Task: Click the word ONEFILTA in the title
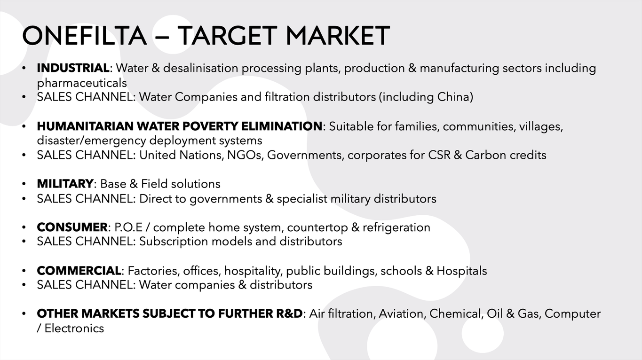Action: click(x=85, y=36)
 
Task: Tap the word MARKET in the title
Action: click(x=338, y=36)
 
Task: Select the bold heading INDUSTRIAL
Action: click(x=73, y=68)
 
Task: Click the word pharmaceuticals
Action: click(x=82, y=83)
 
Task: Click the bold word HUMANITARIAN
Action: click(x=85, y=126)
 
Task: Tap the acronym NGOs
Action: click(x=246, y=155)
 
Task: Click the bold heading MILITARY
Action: click(x=65, y=184)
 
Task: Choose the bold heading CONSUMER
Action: click(x=72, y=227)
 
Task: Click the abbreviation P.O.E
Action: click(x=128, y=227)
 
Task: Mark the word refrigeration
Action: click(x=396, y=227)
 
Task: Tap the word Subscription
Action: click(x=174, y=242)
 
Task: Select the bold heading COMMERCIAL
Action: click(x=79, y=271)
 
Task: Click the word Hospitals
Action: click(x=462, y=271)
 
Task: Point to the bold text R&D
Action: click(x=289, y=313)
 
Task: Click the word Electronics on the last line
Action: click(x=74, y=329)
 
